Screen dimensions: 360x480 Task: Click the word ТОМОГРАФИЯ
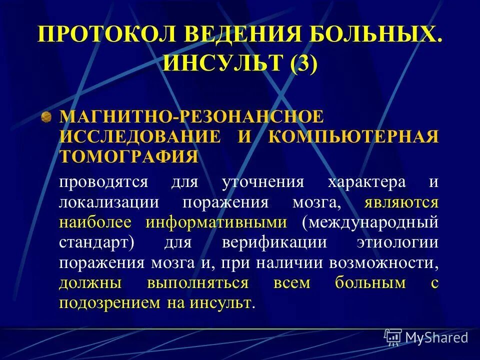coord(129,156)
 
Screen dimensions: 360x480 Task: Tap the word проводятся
coord(103,181)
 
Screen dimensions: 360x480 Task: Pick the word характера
coord(366,181)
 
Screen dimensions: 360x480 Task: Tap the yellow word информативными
coord(216,222)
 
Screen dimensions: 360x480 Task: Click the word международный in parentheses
coord(370,222)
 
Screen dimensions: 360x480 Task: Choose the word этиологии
coord(398,242)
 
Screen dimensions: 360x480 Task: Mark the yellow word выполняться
coord(198,282)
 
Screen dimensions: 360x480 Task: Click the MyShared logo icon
coord(393,337)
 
